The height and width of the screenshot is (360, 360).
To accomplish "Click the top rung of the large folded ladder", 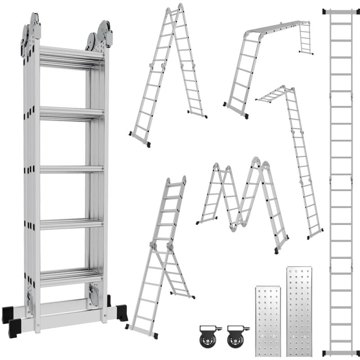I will [71, 58].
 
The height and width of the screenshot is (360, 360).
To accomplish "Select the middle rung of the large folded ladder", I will [71, 169].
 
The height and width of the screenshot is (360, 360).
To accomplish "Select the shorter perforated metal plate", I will [267, 320].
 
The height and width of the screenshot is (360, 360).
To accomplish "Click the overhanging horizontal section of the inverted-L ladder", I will [272, 94].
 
